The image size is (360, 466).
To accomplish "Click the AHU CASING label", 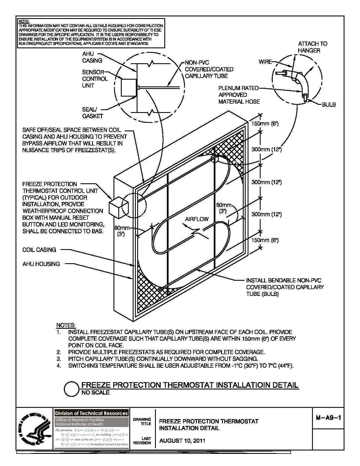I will point(92,57).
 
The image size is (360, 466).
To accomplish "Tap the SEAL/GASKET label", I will point(92,113).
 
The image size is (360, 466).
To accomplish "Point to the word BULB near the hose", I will point(329,105).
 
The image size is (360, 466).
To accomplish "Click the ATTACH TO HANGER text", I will point(312,47).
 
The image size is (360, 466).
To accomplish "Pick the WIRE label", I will point(265,62).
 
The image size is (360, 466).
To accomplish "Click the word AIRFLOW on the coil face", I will point(197,219).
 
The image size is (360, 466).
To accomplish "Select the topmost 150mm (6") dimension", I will point(265,124).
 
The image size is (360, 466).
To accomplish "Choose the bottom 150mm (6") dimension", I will point(265,240).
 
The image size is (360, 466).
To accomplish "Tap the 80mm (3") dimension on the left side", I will point(122,230).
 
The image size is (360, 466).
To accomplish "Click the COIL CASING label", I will point(39,250).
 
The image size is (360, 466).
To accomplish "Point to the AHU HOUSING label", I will point(41,264).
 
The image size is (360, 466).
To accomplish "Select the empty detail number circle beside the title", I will point(71,389).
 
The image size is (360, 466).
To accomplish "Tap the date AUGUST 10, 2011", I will point(182,441).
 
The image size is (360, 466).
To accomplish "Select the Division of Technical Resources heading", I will point(91,413).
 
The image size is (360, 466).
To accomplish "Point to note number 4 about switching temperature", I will point(181,366).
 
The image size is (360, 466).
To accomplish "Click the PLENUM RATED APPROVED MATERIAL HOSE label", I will point(239,95).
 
